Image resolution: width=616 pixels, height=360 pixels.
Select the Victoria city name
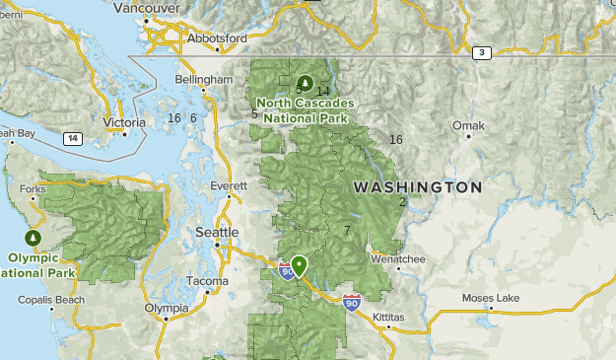coord(123,123)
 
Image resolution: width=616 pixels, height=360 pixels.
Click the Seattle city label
coord(217,232)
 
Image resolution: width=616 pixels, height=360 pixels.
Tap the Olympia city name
coord(166,308)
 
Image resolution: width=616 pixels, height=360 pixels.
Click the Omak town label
coord(468,126)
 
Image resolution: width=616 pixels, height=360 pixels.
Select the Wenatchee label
coord(397,259)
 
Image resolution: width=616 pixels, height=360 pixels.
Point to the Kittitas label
coord(388,317)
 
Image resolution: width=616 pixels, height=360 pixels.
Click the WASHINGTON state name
coord(418,186)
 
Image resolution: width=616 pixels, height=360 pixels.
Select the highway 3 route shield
coord(481,53)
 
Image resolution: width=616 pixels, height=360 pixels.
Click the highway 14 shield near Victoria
coord(72,138)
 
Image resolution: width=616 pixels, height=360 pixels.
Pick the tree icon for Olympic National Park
coord(33,239)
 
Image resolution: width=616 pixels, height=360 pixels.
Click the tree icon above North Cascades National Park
coord(306,83)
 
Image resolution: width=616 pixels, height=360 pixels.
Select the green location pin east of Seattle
coord(299,264)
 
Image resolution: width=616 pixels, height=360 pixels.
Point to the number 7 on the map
coord(347,231)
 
